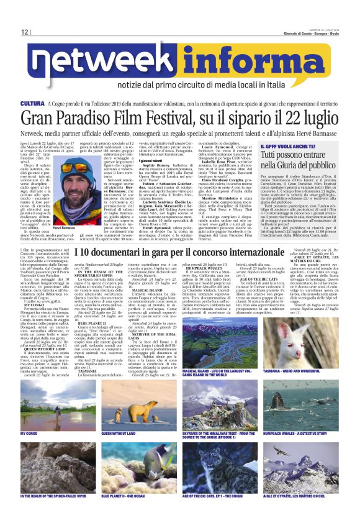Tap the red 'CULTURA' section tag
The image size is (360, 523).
[32, 103]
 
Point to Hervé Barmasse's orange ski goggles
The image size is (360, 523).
[73, 168]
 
